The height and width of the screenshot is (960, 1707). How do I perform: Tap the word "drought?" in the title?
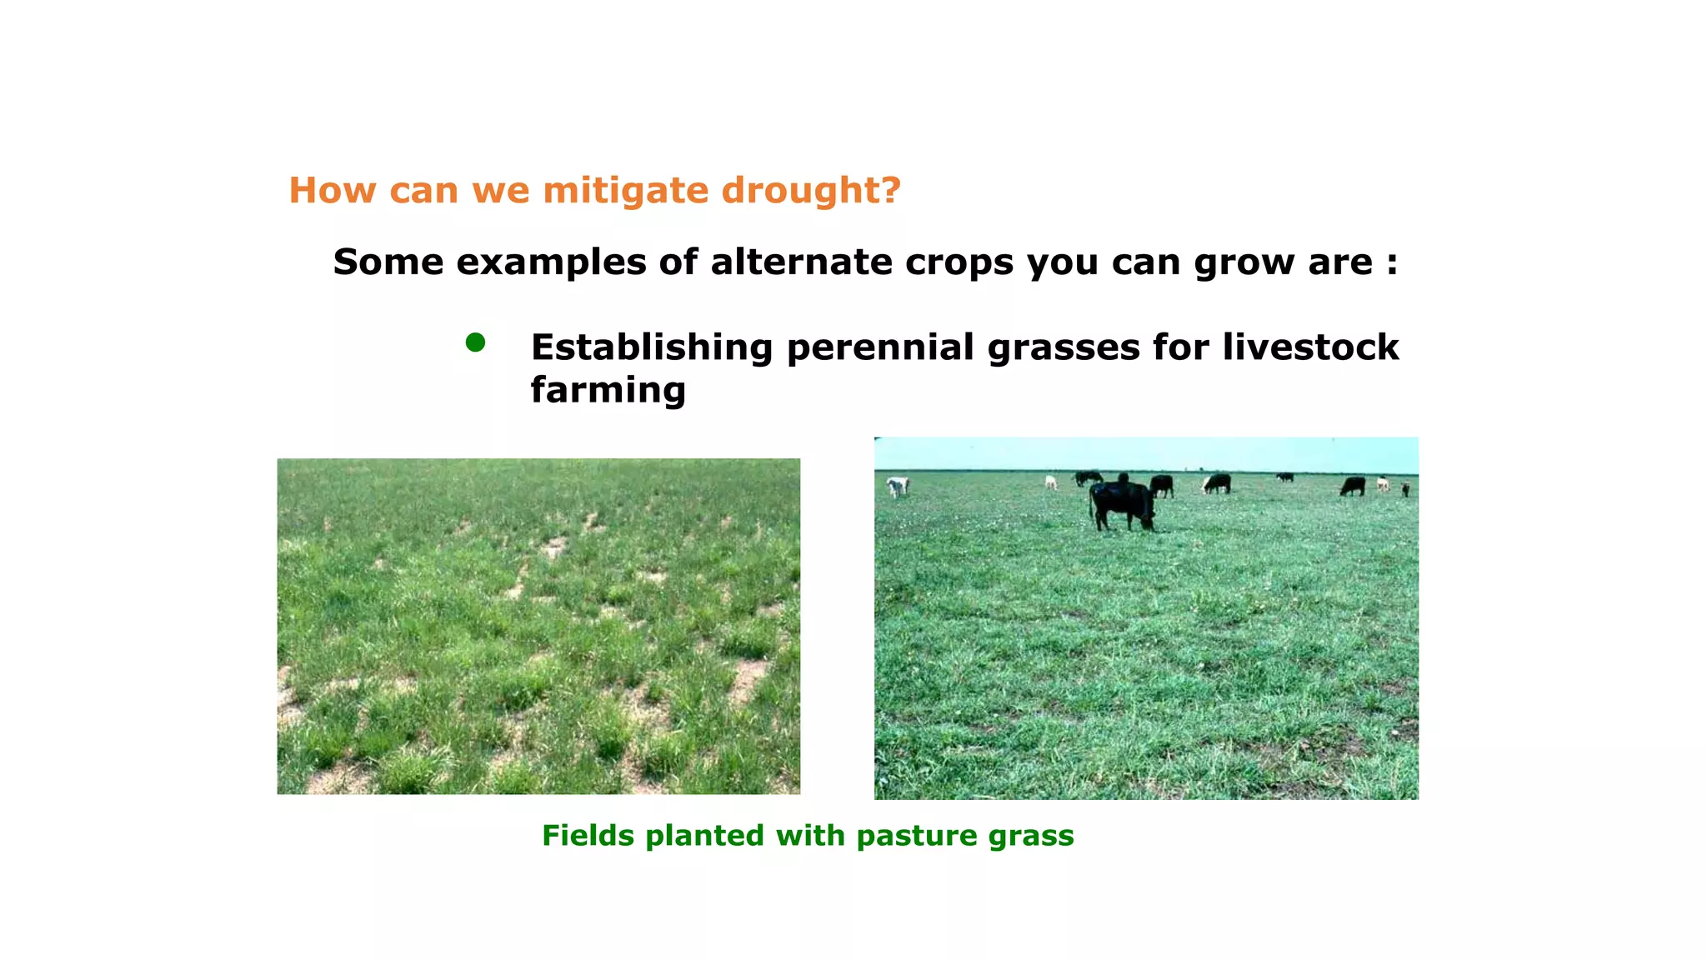pyautogui.click(x=810, y=190)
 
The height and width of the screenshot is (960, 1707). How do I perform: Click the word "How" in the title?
pyautogui.click(x=331, y=190)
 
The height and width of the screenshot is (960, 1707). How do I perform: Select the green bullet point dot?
pyautogui.click(x=475, y=342)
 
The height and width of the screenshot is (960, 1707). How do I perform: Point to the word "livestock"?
pyautogui.click(x=1310, y=347)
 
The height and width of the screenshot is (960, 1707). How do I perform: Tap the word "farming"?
pyautogui.click(x=608, y=390)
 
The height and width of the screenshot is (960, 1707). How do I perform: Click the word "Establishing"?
pyautogui.click(x=652, y=347)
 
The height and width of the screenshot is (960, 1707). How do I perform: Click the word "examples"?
pyautogui.click(x=550, y=262)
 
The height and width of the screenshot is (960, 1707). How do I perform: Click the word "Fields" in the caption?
pyautogui.click(x=588, y=835)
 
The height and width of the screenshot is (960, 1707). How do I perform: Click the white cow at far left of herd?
pyautogui.click(x=898, y=486)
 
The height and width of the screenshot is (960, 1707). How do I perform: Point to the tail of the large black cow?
pyautogui.click(x=1091, y=506)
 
